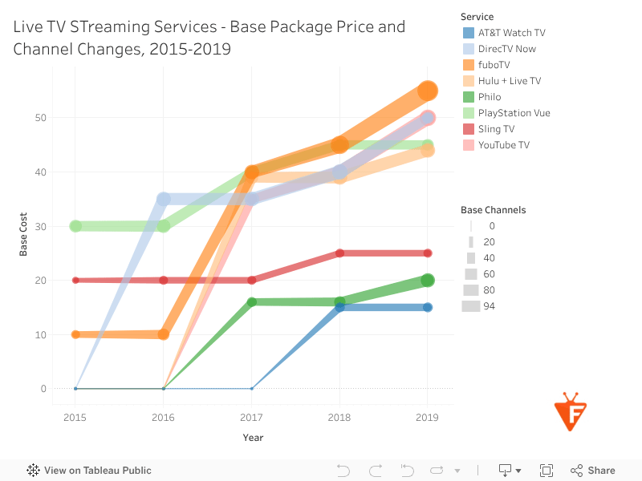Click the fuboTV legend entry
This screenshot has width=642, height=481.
tap(494, 65)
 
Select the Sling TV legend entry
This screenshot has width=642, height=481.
tap(496, 129)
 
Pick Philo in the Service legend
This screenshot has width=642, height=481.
tap(489, 97)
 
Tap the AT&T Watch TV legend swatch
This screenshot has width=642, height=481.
tap(469, 33)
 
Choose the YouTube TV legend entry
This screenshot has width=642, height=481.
tap(503, 145)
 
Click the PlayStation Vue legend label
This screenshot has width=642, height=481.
tap(514, 113)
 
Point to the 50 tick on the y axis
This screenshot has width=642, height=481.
tap(40, 118)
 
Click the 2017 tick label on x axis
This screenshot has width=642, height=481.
tap(251, 418)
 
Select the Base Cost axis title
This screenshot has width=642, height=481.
tap(23, 234)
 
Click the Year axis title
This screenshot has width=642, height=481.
tap(253, 438)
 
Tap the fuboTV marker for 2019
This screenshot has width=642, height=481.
tap(428, 91)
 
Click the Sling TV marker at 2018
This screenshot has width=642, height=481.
tap(339, 253)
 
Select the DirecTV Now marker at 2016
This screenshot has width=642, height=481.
tap(164, 199)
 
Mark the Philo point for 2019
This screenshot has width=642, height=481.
tap(428, 280)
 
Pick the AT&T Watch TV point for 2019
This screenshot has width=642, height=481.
tap(428, 307)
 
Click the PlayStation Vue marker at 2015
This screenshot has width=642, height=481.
tap(75, 226)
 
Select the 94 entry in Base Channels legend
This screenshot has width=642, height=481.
tap(489, 305)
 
